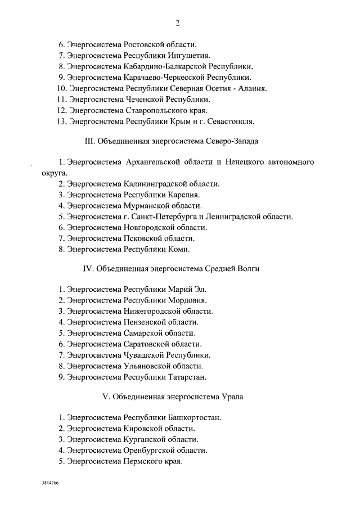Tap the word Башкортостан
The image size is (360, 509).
(x=195, y=418)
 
